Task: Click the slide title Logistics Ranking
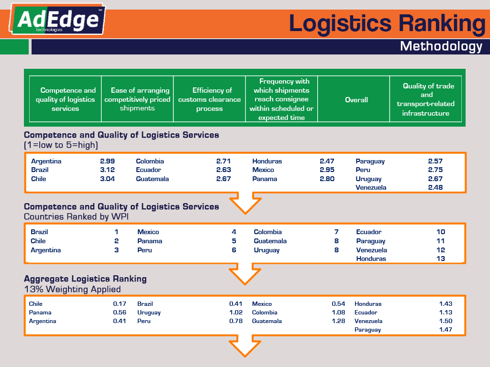click(x=387, y=23)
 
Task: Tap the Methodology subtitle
click(x=441, y=46)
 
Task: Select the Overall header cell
click(x=356, y=100)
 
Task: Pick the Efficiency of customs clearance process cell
click(x=209, y=99)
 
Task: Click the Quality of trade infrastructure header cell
click(x=425, y=99)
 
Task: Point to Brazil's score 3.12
click(x=107, y=170)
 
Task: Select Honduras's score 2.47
click(x=327, y=162)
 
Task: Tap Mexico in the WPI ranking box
click(x=148, y=232)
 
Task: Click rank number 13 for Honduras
click(x=440, y=259)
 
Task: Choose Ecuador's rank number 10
click(x=440, y=232)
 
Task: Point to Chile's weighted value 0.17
click(x=119, y=304)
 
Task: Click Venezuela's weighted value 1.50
click(x=445, y=321)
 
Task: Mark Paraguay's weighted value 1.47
click(x=445, y=330)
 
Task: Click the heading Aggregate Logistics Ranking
click(x=85, y=279)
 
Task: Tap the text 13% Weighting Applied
click(x=72, y=289)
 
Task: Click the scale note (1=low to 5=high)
click(x=60, y=145)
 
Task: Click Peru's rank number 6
click(x=234, y=250)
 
